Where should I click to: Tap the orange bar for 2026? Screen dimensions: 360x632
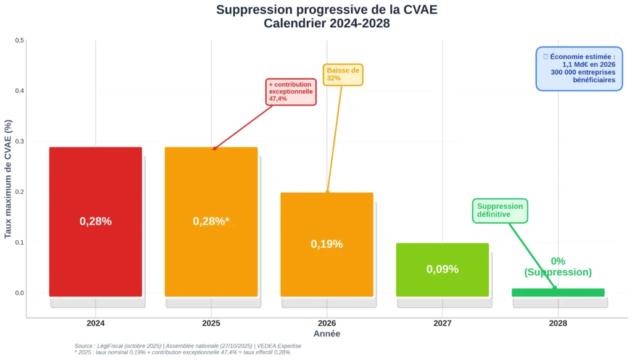[326, 272]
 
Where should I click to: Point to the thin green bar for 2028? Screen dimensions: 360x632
[558, 293]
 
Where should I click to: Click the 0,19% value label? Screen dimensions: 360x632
[326, 244]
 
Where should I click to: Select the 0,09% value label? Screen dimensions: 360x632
[443, 269]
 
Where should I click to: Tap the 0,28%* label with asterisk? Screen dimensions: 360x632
[211, 221]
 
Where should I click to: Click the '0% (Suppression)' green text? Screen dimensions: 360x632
[558, 267]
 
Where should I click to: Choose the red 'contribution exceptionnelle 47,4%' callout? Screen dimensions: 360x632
[291, 91]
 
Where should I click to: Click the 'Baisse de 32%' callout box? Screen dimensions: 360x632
[343, 74]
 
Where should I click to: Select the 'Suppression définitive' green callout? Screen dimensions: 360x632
[500, 211]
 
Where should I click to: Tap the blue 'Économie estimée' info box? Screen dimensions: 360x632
[580, 69]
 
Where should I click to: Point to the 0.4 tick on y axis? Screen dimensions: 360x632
[19, 91]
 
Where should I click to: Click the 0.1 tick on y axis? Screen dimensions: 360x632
[19, 242]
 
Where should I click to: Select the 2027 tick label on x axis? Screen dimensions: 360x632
[443, 323]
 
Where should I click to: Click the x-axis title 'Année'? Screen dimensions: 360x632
[326, 333]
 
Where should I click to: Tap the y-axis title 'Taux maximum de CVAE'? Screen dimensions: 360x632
[8, 179]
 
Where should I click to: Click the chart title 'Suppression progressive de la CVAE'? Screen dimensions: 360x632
[326, 10]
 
